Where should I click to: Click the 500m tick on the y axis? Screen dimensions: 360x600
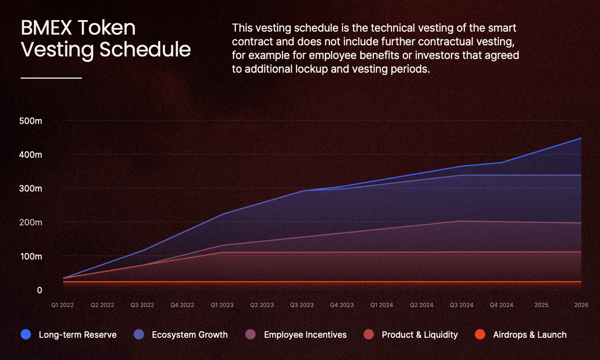31,121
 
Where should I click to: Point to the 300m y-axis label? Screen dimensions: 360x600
31,189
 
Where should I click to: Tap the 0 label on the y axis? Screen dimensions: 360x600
39,290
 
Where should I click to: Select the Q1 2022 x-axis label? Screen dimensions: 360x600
62,305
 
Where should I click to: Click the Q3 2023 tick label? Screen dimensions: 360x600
302,305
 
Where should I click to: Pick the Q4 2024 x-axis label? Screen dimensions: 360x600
501,305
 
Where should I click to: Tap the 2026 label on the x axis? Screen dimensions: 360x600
581,305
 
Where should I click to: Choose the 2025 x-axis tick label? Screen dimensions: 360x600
541,305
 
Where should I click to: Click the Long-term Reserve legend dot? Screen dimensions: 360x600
26,334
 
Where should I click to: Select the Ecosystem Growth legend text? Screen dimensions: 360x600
190,335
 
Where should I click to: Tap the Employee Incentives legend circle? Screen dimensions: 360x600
251,334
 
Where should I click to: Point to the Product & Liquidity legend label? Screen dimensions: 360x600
420,335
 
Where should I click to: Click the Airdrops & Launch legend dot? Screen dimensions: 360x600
480,334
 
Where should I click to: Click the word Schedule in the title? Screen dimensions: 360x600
145,49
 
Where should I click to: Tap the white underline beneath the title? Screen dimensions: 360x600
51,78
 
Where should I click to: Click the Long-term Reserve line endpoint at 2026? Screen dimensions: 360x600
581,138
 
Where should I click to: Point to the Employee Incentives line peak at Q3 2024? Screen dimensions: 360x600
462,221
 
